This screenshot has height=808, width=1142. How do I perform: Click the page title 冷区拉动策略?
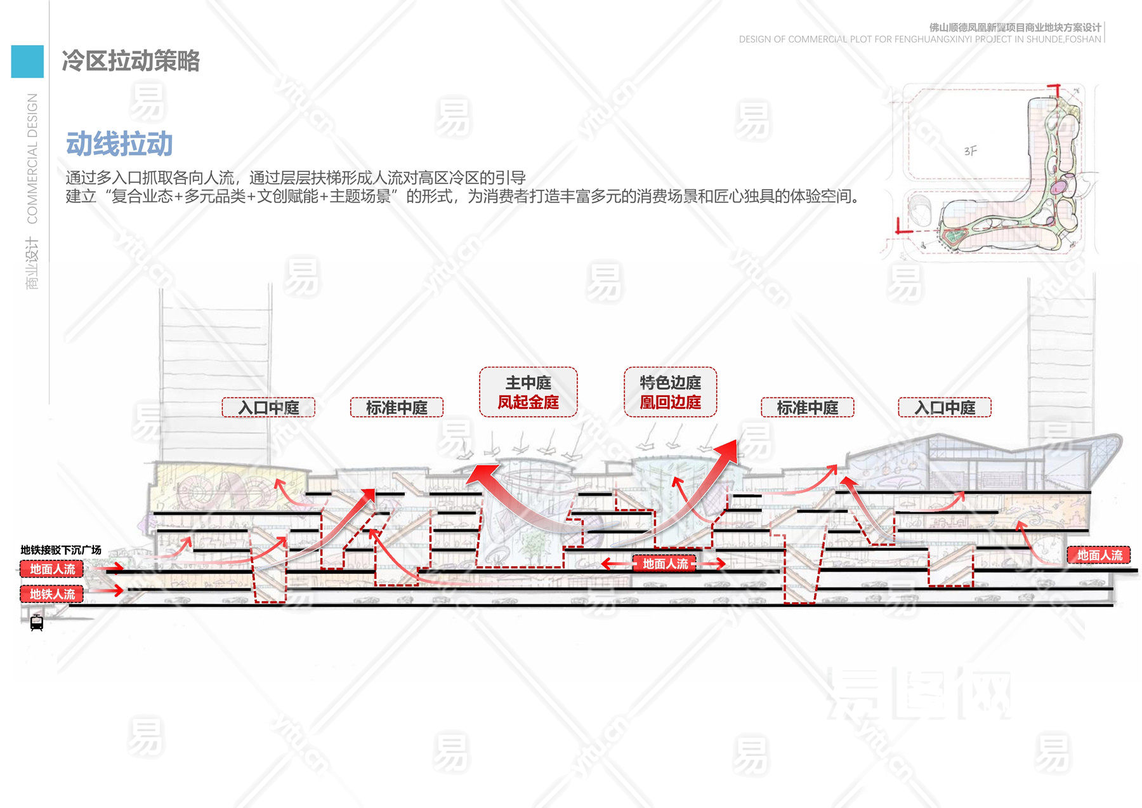(131, 61)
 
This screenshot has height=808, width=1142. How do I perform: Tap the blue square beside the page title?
(27, 62)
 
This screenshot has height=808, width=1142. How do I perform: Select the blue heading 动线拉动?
(119, 144)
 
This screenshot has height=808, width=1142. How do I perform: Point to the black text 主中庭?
(528, 383)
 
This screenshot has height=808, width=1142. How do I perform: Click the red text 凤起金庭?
(528, 402)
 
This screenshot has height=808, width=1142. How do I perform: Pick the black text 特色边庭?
(670, 383)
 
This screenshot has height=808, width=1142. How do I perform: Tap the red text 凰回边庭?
(670, 402)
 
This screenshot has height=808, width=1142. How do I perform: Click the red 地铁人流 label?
(52, 594)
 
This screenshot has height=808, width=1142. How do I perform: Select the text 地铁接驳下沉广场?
(61, 550)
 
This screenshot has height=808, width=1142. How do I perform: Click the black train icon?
(37, 623)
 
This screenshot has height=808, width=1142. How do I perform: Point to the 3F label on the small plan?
(970, 151)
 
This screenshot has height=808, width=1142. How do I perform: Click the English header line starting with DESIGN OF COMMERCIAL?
(919, 39)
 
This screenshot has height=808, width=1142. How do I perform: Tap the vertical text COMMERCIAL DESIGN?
(32, 158)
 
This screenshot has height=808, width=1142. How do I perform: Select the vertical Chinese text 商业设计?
(32, 263)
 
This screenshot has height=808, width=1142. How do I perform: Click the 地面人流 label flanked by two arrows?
(665, 564)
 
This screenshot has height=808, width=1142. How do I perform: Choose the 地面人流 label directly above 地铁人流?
(52, 569)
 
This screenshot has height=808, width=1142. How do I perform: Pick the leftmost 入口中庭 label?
(268, 407)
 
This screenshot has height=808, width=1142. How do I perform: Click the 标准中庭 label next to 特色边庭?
(807, 407)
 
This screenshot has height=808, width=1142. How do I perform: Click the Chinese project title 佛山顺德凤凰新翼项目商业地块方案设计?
(1015, 27)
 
